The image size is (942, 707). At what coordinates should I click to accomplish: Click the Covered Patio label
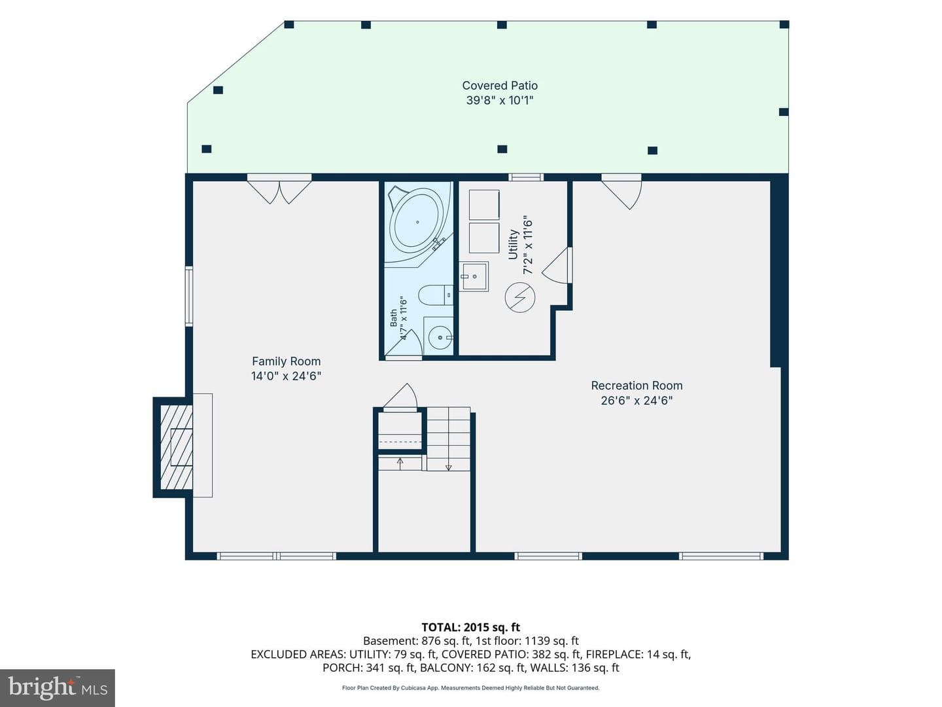tap(500, 85)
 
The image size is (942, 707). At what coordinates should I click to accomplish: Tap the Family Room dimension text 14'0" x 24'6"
tap(287, 376)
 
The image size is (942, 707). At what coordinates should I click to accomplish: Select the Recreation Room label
tap(637, 386)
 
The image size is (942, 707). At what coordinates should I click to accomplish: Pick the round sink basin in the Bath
tap(440, 337)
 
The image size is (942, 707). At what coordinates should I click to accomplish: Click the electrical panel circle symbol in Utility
tap(519, 297)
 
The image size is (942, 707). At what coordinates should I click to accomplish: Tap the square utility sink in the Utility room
tap(474, 276)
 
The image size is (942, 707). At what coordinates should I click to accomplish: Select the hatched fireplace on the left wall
tap(176, 447)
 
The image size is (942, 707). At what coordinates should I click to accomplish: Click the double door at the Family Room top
tap(279, 189)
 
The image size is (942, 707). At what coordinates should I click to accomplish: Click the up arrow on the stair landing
tap(400, 463)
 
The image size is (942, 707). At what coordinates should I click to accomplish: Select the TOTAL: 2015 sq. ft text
tap(471, 628)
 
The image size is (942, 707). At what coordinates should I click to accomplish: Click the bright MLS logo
tap(58, 687)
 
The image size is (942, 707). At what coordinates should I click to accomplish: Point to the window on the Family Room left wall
tap(189, 296)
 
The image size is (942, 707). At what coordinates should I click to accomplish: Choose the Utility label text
tap(513, 245)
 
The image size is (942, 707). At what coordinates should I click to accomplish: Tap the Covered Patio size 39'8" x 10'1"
tap(500, 100)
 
